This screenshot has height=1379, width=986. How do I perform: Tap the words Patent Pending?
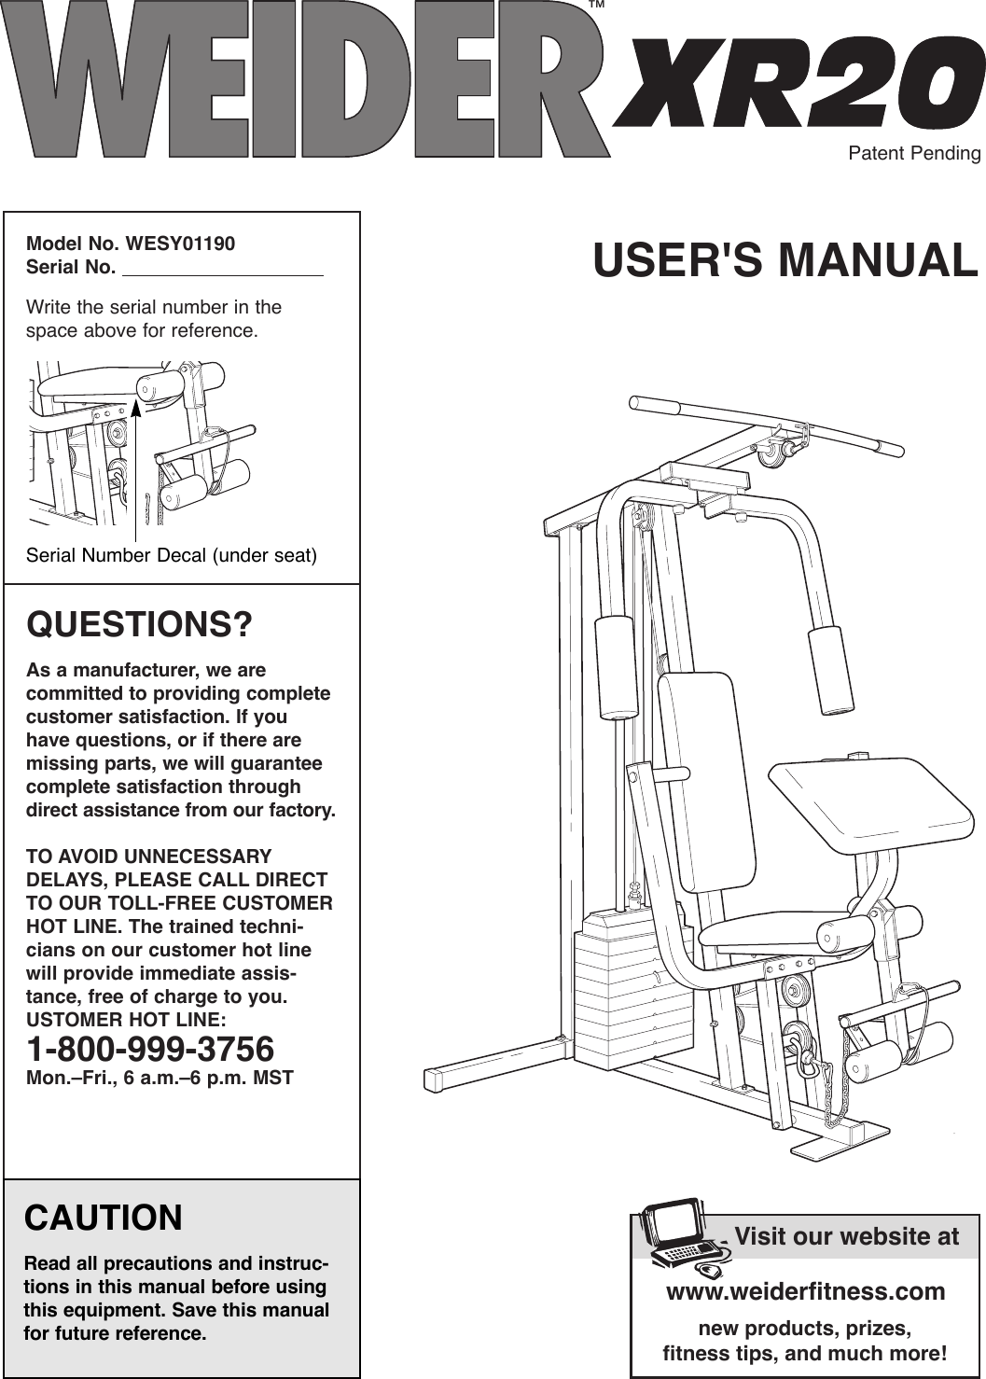(x=913, y=153)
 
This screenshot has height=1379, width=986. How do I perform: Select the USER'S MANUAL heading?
(x=785, y=260)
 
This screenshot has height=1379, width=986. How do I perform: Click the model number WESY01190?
(x=181, y=244)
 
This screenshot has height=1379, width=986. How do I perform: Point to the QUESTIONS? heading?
(x=139, y=624)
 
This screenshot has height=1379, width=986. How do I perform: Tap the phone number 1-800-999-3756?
(x=150, y=1049)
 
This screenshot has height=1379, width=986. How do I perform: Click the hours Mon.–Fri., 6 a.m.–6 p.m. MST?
(x=160, y=1079)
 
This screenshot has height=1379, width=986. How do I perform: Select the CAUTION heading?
(x=104, y=1219)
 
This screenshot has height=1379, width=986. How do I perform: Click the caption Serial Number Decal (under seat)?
(x=172, y=556)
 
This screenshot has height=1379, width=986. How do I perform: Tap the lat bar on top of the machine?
(x=765, y=425)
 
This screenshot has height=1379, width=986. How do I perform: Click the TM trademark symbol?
(x=598, y=6)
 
